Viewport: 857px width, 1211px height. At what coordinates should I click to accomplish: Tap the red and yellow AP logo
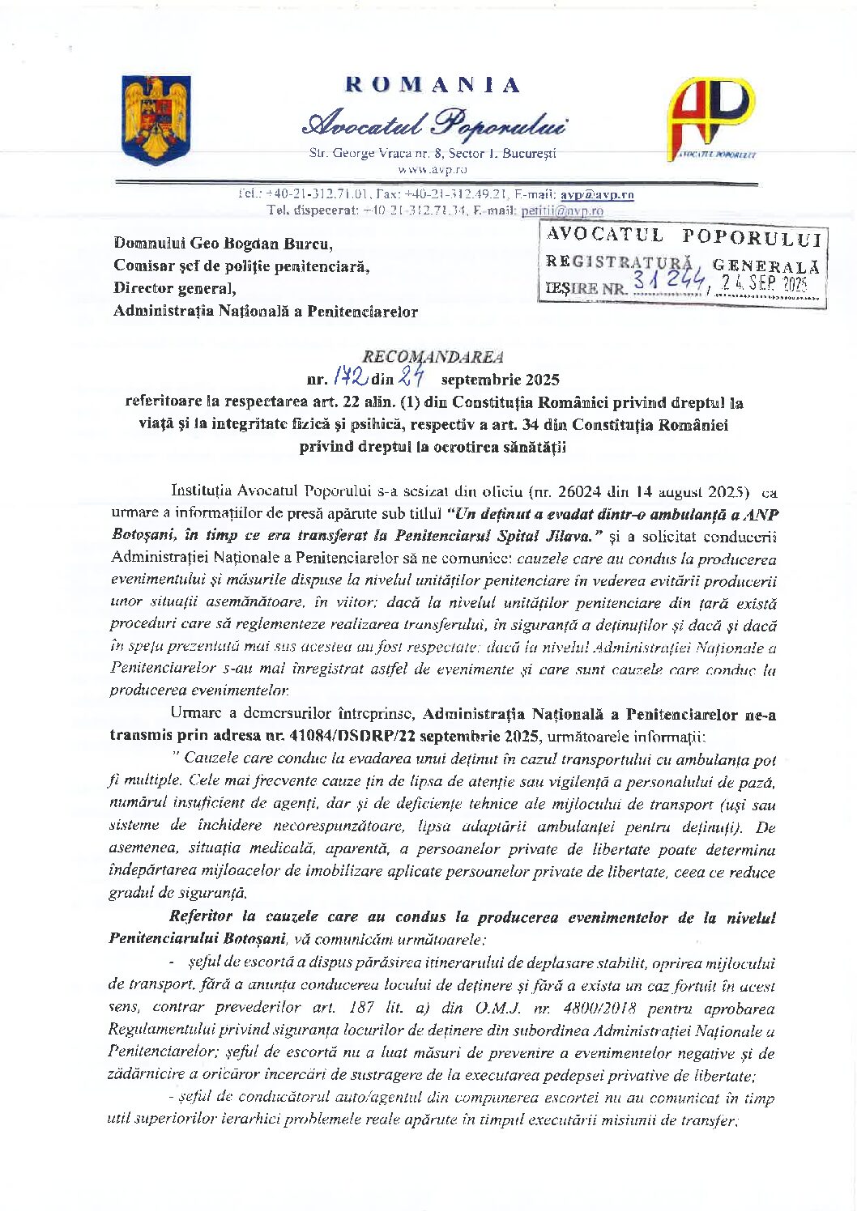(710, 117)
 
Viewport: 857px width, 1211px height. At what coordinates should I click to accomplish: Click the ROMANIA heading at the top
(433, 85)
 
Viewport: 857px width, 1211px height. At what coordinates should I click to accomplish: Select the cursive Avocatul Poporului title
(434, 122)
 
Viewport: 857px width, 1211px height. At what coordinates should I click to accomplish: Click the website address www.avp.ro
(432, 170)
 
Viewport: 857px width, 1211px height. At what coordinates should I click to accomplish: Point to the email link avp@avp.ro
(597, 194)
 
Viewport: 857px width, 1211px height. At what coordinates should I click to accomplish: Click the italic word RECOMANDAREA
(433, 356)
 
